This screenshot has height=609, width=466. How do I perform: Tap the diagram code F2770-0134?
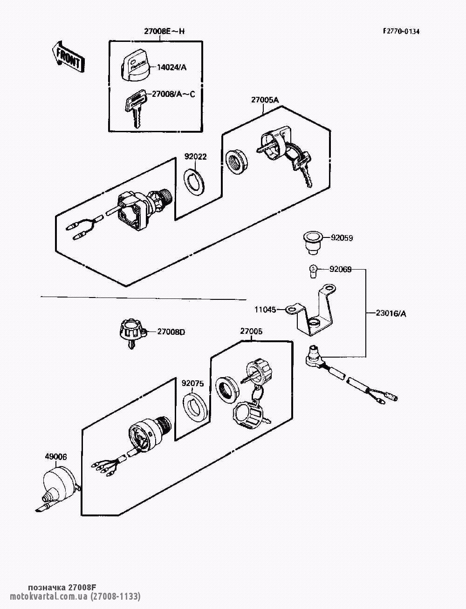coord(401,32)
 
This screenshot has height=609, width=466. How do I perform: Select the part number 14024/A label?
coord(171,68)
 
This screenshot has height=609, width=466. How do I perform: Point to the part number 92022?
coord(195,157)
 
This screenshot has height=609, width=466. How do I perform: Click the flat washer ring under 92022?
coord(195,183)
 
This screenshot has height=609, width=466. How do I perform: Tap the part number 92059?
coord(342,238)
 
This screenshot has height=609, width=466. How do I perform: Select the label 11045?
coord(265,309)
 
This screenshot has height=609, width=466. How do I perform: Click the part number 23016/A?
coord(391,313)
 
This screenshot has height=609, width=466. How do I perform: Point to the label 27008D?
coord(171,332)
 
